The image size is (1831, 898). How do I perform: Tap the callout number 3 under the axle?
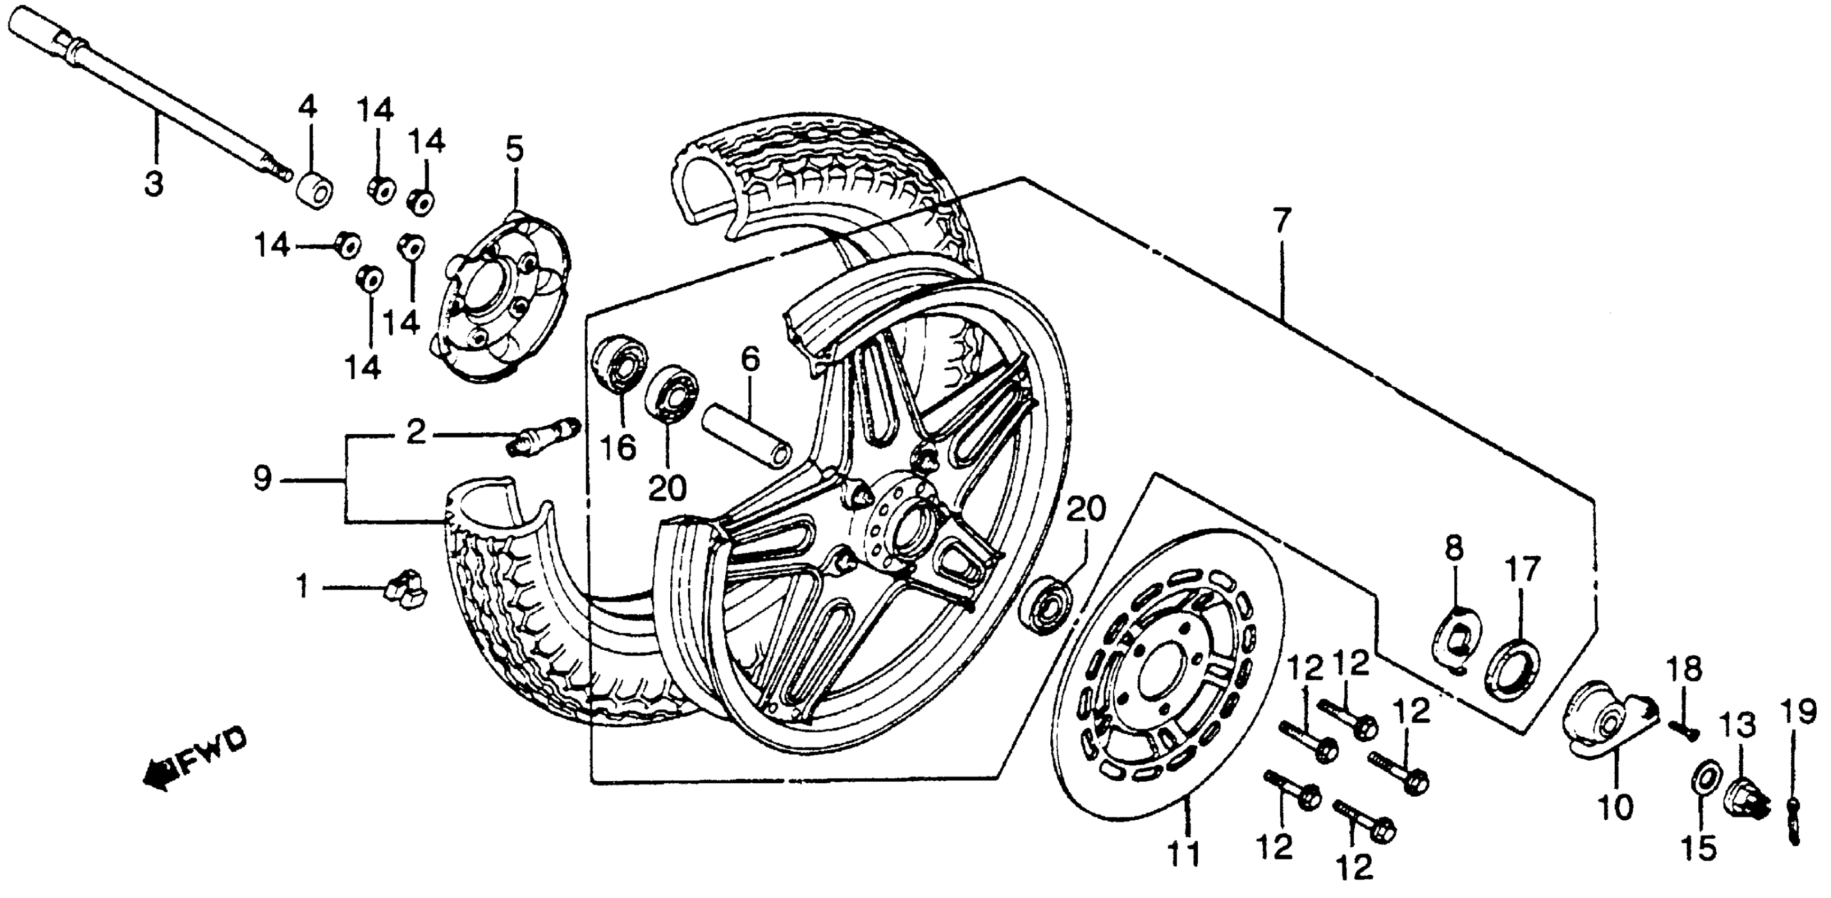pyautogui.click(x=153, y=183)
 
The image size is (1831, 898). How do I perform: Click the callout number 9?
pyautogui.click(x=262, y=480)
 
